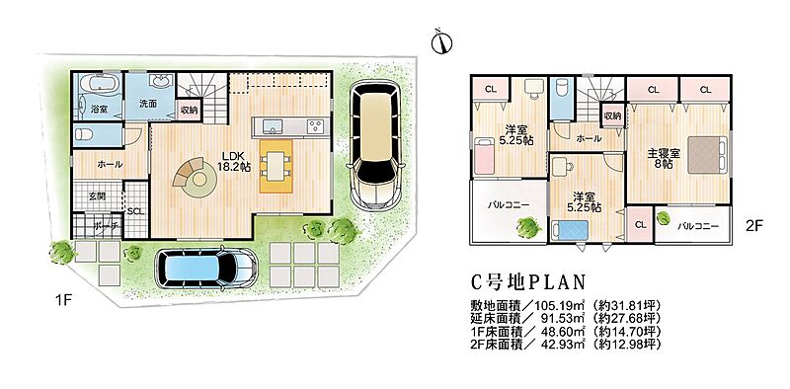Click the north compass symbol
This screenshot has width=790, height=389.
(441, 42)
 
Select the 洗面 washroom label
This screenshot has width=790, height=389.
(148, 103)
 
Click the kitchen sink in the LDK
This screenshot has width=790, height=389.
(274, 126)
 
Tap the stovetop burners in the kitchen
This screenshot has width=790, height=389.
(317, 126)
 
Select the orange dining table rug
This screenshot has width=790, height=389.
(276, 166)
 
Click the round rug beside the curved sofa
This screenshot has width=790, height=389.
(199, 180)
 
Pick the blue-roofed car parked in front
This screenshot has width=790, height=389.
(205, 266)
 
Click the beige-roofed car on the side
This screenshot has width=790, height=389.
(373, 143)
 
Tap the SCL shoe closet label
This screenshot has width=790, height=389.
(135, 211)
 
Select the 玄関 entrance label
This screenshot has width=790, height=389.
(97, 196)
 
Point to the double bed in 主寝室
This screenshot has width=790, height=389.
(708, 155)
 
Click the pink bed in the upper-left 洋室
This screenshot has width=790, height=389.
(484, 156)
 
